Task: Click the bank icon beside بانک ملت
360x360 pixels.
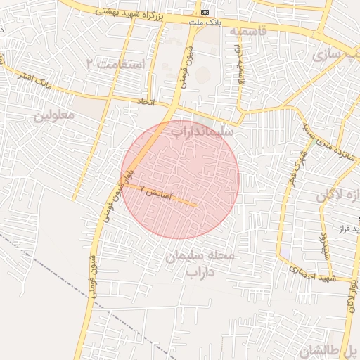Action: [205, 13]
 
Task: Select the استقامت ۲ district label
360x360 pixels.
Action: [115, 64]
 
